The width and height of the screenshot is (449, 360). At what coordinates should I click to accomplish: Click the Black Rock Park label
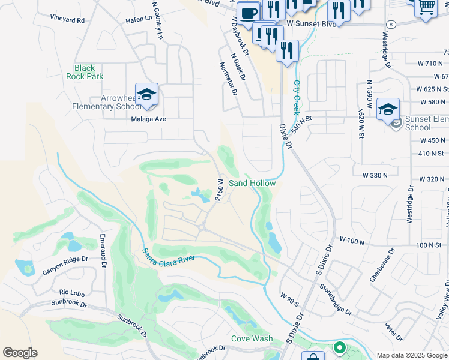pyautogui.click(x=89, y=73)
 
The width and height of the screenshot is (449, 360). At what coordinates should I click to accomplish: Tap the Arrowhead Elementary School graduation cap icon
pyautogui.click(x=146, y=94)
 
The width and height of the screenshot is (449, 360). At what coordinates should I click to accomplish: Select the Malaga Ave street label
pyautogui.click(x=148, y=119)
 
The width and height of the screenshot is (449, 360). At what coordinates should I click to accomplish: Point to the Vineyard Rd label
pyautogui.click(x=67, y=20)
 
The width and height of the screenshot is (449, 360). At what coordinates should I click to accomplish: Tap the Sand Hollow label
pyautogui.click(x=252, y=183)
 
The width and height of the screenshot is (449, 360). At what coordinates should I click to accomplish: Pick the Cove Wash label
pyautogui.click(x=252, y=338)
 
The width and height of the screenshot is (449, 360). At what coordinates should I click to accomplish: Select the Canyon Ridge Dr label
pyautogui.click(x=65, y=267)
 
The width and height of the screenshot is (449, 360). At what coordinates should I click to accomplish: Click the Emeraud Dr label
pyautogui.click(x=103, y=251)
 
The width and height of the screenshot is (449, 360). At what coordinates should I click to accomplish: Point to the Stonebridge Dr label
pyautogui.click(x=336, y=299)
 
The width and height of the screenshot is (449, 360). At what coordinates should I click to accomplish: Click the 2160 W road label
pyautogui.click(x=220, y=190)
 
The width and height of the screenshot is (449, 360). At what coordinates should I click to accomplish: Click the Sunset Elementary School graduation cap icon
pyautogui.click(x=388, y=109)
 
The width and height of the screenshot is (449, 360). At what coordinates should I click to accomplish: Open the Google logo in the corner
pyautogui.click(x=20, y=353)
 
